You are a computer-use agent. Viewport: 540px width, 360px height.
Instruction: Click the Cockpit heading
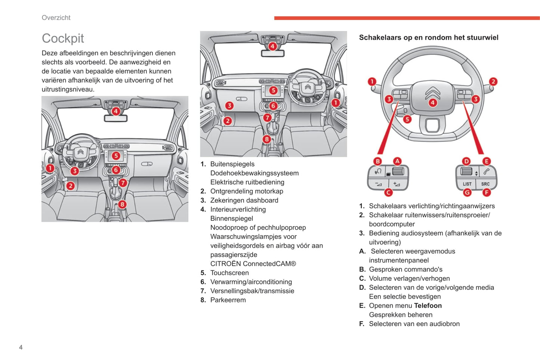click(x=63, y=38)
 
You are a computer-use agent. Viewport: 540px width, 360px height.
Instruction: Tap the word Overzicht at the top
click(x=56, y=18)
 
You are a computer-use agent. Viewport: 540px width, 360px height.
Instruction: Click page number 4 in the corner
click(x=21, y=347)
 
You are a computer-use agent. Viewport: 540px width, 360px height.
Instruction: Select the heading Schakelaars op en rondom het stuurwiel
click(x=429, y=37)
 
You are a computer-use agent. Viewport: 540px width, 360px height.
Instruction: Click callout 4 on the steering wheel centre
click(x=432, y=103)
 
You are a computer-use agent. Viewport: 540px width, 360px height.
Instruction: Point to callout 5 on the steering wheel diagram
click(x=407, y=120)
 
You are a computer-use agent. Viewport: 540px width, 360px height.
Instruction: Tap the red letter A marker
click(x=397, y=161)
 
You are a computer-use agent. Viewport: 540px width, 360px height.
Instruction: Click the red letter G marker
click(x=467, y=193)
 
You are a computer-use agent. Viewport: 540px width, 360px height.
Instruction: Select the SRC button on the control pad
click(x=485, y=184)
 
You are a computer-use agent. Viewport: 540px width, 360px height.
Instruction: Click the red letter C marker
click(x=388, y=193)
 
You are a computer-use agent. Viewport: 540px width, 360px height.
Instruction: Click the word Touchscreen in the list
click(x=229, y=273)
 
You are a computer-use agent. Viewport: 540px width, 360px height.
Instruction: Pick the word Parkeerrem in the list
click(x=228, y=300)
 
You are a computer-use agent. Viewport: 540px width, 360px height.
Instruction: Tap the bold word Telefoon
click(x=428, y=306)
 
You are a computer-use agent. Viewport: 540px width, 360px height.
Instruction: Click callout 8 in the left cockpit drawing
click(x=122, y=204)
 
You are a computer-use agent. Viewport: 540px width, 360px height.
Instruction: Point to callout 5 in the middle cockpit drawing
click(x=273, y=90)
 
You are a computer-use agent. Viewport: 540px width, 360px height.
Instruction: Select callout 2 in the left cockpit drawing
click(x=70, y=186)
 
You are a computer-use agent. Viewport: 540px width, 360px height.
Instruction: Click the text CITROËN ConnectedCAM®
click(x=253, y=264)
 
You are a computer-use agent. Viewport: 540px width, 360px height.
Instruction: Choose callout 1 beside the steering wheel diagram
click(x=372, y=81)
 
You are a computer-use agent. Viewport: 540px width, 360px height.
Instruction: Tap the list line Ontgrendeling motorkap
click(x=247, y=191)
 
